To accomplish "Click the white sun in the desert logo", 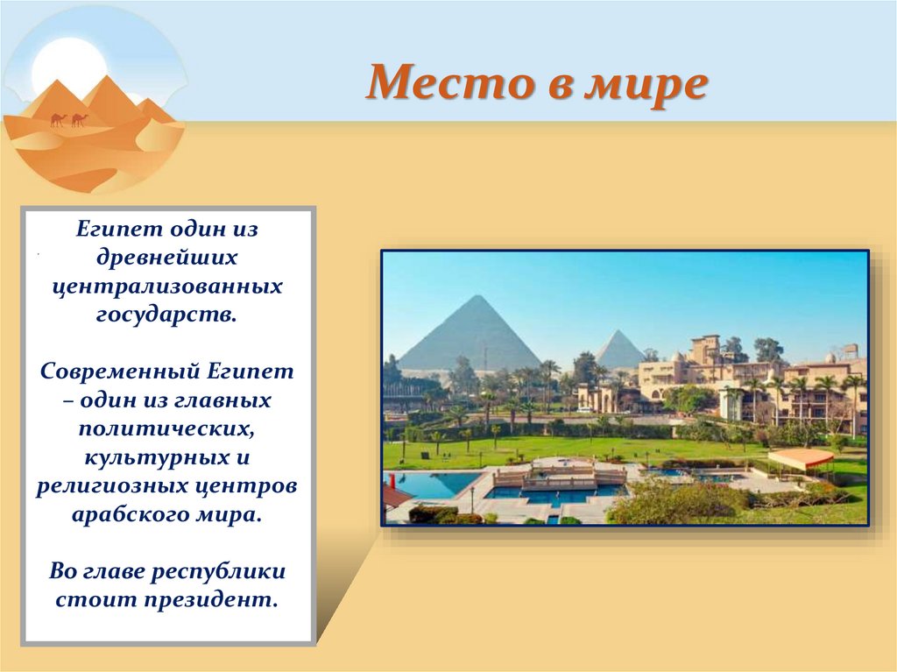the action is click(x=63, y=73).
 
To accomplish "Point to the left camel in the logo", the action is click(x=59, y=120).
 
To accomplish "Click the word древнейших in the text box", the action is click(x=166, y=258).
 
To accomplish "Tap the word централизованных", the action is click(x=167, y=286).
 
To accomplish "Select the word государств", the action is click(x=166, y=315).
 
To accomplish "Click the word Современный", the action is click(x=118, y=371).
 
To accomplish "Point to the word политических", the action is click(x=166, y=428).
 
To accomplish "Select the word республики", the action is click(x=218, y=572).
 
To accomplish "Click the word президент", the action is click(x=210, y=600).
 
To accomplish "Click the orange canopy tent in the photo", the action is click(x=801, y=457).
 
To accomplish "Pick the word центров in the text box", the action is click(x=249, y=487).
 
